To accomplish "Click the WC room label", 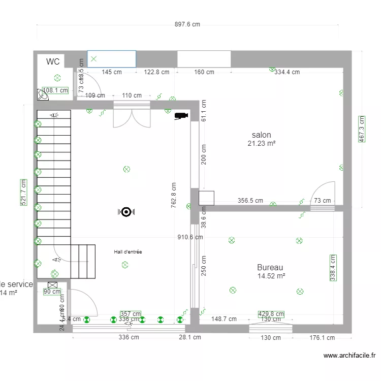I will tap(53, 62).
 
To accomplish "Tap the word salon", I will tap(261, 135).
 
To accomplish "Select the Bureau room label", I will tap(270, 268).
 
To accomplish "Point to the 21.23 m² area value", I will tap(261, 144).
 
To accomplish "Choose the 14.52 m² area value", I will tap(271, 276).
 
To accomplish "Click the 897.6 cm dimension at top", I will tap(187, 24).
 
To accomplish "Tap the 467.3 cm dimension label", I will tap(362, 130).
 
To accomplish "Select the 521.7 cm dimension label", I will tap(22, 192).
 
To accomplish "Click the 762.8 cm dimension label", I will tap(174, 195).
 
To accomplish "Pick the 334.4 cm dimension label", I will tap(287, 72).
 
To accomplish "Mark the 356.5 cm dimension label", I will tap(250, 201).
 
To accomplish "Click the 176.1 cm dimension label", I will tap(323, 337).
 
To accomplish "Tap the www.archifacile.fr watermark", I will tap(349, 356).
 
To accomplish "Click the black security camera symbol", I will tap(181, 116).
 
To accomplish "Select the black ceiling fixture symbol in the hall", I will tap(126, 212).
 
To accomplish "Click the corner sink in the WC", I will tap(42, 94).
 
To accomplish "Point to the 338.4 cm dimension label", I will tap(333, 268).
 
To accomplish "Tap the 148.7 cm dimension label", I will tap(224, 319).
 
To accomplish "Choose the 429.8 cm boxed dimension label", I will tap(271, 314).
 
